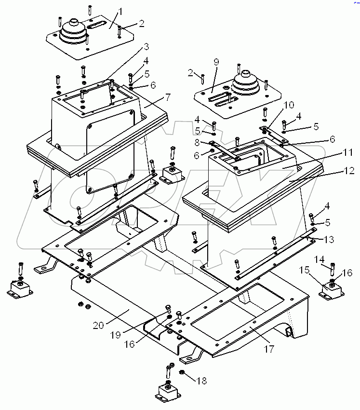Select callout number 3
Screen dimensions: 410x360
tap(146, 47)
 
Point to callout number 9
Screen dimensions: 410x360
tap(216, 62)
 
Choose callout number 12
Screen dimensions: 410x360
tap(349, 171)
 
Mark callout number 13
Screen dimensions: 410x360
tap(328, 239)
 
